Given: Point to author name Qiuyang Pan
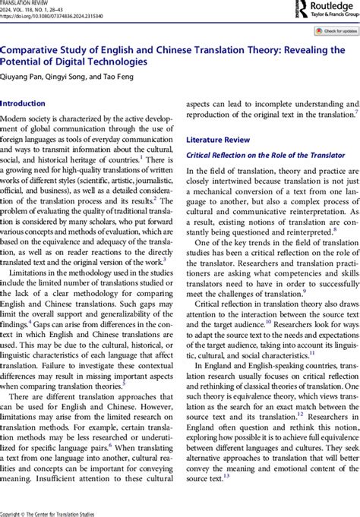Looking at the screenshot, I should [x=23, y=76].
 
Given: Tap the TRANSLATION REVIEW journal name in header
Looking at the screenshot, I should [x=27, y=2].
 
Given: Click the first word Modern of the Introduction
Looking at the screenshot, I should [x=15, y=119].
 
